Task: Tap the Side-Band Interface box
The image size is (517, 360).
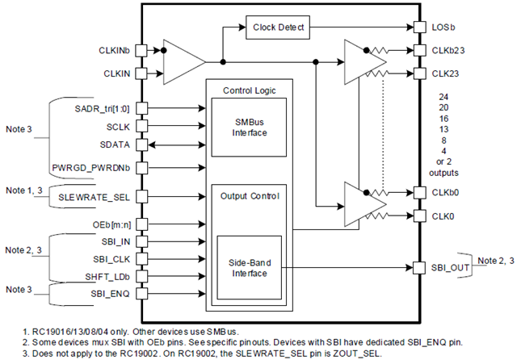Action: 249,267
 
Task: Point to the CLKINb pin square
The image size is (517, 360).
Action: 141,50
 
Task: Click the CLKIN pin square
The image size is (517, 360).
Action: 141,73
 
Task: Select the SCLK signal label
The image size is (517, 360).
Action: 116,126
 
